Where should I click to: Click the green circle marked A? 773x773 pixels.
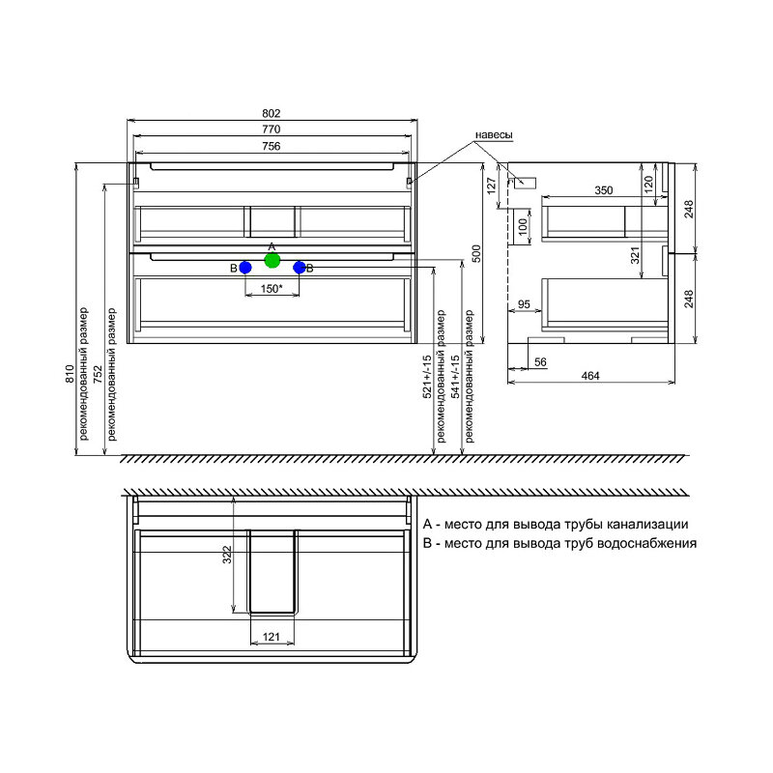[272, 260]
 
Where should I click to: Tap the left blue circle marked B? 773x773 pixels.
[245, 268]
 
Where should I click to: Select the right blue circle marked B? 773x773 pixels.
[300, 268]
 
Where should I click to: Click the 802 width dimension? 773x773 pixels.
[272, 113]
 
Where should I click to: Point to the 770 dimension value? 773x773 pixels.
[272, 129]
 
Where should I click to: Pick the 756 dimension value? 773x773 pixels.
[272, 147]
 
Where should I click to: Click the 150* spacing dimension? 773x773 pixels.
[272, 288]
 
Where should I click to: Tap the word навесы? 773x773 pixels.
[494, 135]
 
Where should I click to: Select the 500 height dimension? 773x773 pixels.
[476, 253]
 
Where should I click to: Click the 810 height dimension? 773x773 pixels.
[70, 374]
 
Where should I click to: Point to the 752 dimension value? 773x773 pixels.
[98, 374]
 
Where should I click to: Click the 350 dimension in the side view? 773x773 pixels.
[603, 190]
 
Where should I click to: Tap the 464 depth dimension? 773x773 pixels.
[590, 376]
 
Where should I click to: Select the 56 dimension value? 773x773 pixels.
[540, 361]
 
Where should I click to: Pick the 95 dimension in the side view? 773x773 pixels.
[524, 304]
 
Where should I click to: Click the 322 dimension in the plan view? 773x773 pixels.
[226, 555]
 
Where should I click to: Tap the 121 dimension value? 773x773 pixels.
[272, 637]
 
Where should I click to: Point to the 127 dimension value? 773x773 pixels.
[492, 186]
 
